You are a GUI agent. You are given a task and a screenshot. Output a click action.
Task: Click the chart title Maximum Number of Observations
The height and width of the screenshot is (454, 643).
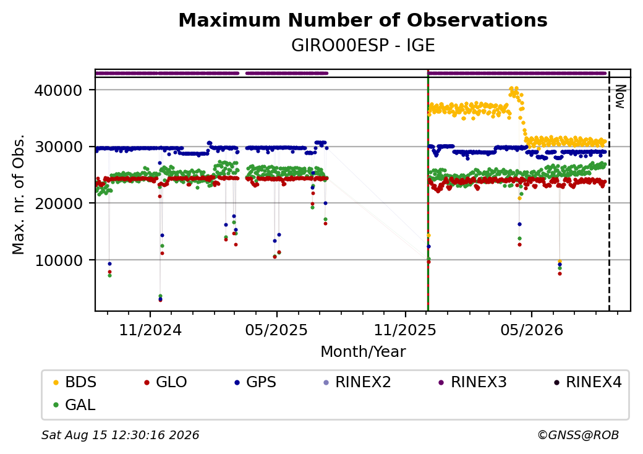click(363, 20)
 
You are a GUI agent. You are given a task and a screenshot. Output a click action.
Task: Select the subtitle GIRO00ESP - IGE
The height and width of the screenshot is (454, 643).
click(363, 46)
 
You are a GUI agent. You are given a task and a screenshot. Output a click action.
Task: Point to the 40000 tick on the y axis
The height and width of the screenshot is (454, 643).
click(58, 90)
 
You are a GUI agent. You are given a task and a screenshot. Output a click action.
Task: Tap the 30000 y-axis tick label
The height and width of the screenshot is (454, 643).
click(58, 147)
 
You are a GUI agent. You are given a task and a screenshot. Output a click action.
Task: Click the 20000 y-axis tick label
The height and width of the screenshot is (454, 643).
click(58, 203)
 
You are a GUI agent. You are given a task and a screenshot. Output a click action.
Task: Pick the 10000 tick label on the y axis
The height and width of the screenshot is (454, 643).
click(58, 260)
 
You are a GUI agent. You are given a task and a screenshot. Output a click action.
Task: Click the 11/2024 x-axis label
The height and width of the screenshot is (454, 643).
click(150, 330)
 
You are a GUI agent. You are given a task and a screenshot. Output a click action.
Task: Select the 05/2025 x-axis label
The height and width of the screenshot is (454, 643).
click(276, 330)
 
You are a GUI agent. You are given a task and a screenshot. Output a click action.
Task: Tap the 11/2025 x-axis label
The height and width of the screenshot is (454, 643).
click(405, 330)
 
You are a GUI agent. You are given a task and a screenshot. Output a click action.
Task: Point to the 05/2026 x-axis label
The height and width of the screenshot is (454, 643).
click(532, 330)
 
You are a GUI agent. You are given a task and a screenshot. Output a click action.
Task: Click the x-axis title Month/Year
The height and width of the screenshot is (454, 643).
click(363, 351)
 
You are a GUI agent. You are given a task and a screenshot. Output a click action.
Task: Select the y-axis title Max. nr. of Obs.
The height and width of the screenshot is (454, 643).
click(19, 194)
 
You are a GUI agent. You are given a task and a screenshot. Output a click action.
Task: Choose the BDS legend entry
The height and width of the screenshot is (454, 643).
click(75, 382)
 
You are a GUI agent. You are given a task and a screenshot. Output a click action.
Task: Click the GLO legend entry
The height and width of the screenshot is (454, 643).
click(166, 382)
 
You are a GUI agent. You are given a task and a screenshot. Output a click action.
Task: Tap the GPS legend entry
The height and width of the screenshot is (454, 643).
click(256, 382)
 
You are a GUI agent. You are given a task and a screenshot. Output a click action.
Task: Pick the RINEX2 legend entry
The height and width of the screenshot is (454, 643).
click(357, 382)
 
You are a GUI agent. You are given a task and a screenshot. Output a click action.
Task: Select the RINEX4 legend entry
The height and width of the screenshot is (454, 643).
click(587, 382)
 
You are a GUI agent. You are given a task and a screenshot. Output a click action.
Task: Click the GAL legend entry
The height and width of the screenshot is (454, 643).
click(75, 405)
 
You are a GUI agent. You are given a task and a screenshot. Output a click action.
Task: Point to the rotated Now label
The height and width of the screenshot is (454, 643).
click(621, 96)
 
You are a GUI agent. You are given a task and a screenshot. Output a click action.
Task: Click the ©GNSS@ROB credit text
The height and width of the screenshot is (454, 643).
click(578, 435)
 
